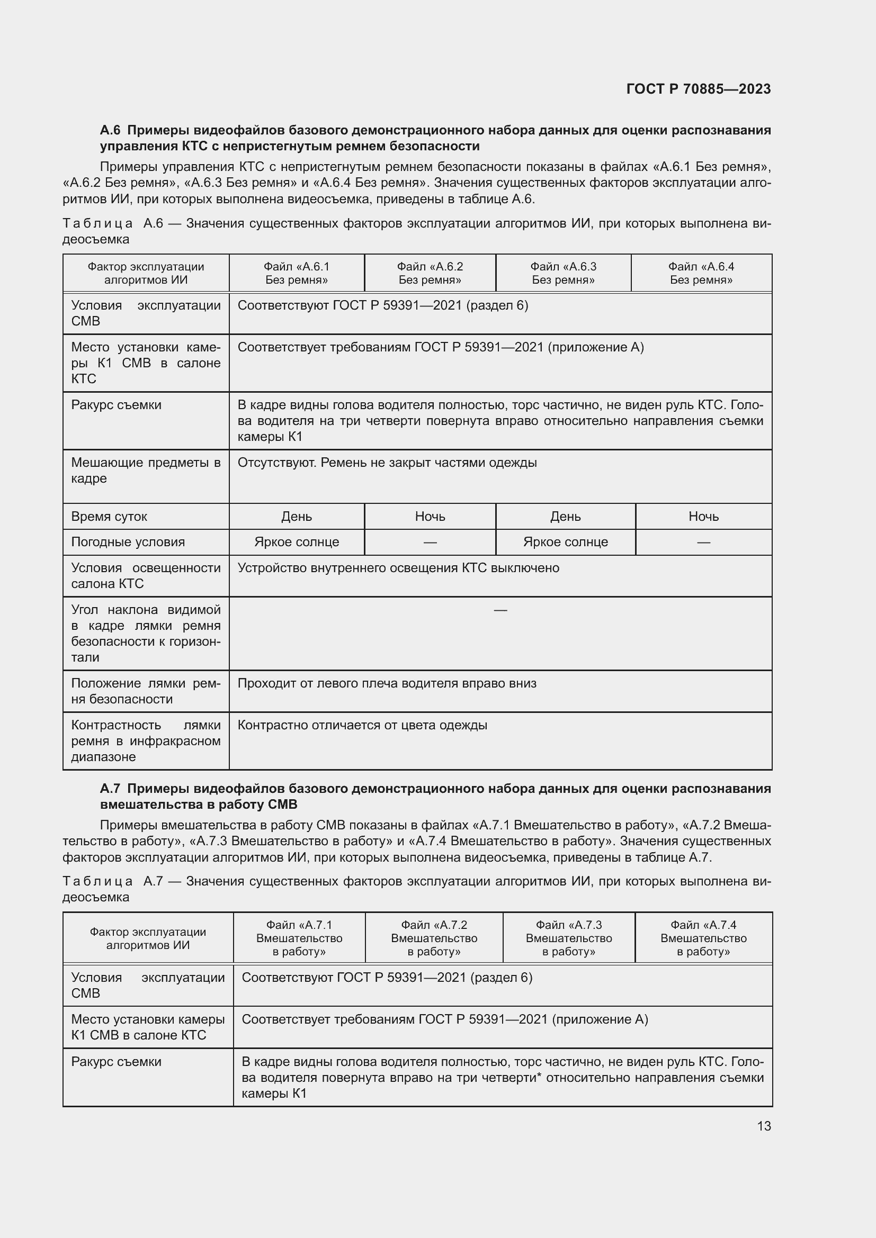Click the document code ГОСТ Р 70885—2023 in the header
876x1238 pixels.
[x=698, y=89]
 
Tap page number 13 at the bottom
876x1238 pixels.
[x=764, y=1126]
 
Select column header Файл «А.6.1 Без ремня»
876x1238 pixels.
[x=296, y=273]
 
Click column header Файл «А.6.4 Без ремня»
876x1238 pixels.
[x=701, y=273]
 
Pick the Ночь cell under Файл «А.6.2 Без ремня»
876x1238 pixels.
[x=430, y=517]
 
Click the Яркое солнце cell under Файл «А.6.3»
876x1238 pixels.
[x=565, y=542]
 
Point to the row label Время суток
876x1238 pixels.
[x=109, y=517]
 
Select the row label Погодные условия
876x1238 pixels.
[x=128, y=542]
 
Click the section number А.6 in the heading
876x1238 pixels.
[x=111, y=130]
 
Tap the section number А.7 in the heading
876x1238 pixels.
[x=111, y=788]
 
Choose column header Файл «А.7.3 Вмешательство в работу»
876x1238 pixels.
[x=568, y=938]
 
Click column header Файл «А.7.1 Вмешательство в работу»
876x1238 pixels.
[x=299, y=938]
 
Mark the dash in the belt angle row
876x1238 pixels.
[x=500, y=610]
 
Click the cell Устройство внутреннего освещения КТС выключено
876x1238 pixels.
[x=398, y=568]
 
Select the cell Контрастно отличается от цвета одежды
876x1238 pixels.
[x=362, y=725]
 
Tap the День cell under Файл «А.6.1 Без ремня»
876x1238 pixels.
[x=296, y=517]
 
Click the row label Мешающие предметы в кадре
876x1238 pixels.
[x=146, y=470]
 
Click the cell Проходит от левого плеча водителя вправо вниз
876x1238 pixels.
[x=387, y=684]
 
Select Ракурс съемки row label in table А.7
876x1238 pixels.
[x=116, y=1062]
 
